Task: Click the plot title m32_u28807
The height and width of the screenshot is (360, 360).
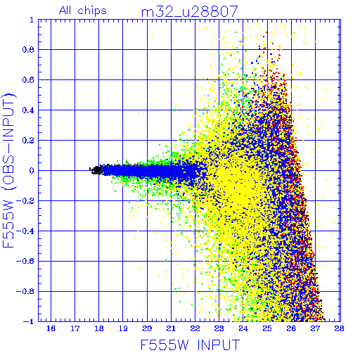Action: (x=190, y=12)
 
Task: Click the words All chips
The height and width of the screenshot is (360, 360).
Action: (x=83, y=11)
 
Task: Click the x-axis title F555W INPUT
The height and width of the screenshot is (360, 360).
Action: (x=191, y=345)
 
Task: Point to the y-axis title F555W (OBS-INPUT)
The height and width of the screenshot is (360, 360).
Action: (x=8, y=170)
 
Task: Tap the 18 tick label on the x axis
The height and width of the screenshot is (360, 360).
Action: (x=99, y=328)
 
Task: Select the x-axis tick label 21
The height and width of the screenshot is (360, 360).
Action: (x=171, y=328)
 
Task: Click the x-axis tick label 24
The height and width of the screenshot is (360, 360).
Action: (x=243, y=328)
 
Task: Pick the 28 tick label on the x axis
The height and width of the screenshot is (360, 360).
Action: (x=339, y=328)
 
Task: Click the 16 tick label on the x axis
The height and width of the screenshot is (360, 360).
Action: (x=51, y=328)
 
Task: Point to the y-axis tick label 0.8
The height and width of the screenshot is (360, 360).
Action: (x=28, y=50)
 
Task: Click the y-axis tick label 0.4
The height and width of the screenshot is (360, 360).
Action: (x=28, y=110)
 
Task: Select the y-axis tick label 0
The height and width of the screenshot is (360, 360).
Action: (x=32, y=171)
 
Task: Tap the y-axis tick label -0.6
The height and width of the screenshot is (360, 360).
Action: (x=25, y=261)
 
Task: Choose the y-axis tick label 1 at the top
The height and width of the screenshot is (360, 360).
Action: (x=32, y=20)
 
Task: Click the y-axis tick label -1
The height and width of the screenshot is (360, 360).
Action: (x=29, y=321)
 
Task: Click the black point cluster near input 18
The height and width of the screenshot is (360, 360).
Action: (x=96, y=170)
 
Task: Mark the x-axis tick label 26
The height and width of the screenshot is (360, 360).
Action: (x=291, y=328)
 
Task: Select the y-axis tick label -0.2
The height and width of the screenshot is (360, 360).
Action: (x=25, y=201)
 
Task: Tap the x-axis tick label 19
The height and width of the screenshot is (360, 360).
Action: (x=123, y=328)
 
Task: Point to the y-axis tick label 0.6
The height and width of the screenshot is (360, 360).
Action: (x=28, y=80)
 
